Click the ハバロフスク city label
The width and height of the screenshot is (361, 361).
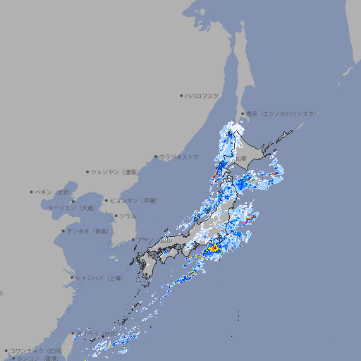(x=202, y=95)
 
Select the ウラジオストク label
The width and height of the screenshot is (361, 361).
(x=179, y=157)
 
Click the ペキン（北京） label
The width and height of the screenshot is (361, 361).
(x=55, y=192)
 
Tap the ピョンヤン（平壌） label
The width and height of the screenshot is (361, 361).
(x=135, y=200)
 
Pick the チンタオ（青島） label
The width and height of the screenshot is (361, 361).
(x=87, y=231)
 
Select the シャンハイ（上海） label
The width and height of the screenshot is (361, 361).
(x=99, y=278)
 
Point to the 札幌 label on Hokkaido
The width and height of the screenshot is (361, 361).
(x=241, y=159)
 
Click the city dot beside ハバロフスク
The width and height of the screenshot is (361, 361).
(x=181, y=95)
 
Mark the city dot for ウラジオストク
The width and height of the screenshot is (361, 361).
(x=156, y=157)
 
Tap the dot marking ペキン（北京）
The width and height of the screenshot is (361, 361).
(x=32, y=192)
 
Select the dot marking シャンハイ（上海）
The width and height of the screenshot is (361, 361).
(x=72, y=278)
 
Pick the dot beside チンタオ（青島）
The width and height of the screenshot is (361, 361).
(x=63, y=231)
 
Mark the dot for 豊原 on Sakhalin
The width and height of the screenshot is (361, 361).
(x=242, y=114)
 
